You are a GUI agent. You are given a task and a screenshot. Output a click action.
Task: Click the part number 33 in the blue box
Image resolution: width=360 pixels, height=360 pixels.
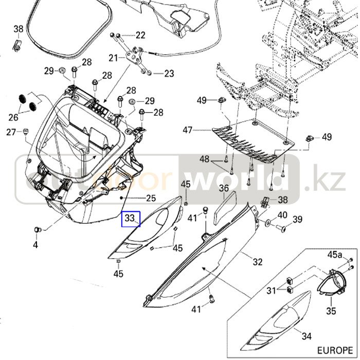coord(130,219)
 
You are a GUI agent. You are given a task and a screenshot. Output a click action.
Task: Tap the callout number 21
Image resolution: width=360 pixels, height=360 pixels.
coord(113,57)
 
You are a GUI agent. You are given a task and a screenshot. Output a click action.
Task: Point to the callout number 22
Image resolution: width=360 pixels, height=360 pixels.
coord(140,35)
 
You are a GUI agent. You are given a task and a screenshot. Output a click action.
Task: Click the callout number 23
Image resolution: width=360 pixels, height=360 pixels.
coord(169,74)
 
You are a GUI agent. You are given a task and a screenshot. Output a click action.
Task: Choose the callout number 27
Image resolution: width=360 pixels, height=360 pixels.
coord(11,132)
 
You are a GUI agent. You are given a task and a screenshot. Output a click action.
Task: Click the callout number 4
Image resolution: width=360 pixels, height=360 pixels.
coord(35,245)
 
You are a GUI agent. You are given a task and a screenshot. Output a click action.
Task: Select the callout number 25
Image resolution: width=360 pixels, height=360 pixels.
coord(151,198)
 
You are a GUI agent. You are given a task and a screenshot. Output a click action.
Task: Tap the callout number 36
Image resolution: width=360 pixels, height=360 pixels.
coord(224,189)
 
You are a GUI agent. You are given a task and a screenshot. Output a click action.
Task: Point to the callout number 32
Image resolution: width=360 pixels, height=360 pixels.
coord(258,261)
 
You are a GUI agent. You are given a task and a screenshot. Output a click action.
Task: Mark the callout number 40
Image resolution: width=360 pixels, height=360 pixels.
coord(283,215)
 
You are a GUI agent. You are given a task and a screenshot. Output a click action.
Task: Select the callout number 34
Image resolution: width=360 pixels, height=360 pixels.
coord(307,336)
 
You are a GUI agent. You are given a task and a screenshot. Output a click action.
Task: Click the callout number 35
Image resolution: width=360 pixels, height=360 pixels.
coord(331,311)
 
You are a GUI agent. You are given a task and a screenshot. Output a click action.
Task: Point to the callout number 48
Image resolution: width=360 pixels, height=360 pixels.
coord(205,158)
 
